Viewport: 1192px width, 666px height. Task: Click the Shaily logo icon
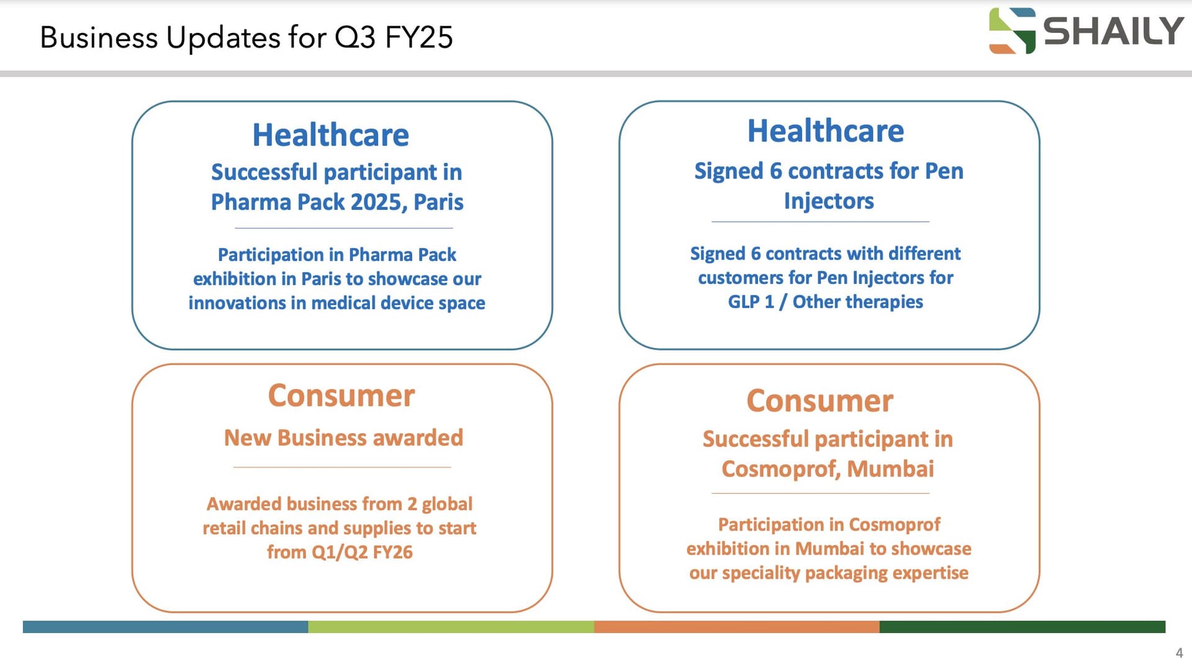(1012, 30)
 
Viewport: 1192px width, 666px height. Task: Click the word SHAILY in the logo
(1113, 31)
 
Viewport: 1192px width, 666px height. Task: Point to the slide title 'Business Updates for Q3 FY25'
(246, 37)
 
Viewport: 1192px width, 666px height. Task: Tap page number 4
(1179, 653)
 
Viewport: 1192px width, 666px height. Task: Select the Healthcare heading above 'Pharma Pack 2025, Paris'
(330, 135)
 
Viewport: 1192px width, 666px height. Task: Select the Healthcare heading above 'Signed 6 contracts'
(826, 130)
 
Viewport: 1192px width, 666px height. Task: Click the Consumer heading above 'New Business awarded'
(341, 395)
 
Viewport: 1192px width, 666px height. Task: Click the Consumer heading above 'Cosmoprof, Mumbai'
(819, 401)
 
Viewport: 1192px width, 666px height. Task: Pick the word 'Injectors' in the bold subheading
(829, 201)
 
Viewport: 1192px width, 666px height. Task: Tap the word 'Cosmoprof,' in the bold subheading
(781, 469)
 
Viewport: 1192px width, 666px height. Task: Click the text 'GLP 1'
(751, 302)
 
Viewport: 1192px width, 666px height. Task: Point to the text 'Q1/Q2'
(340, 552)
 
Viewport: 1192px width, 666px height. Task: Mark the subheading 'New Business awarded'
(343, 438)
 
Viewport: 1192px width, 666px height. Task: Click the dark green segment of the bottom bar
(1022, 627)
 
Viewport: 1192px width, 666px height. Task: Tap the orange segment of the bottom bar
(736, 627)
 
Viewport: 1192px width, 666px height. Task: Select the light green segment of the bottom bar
(451, 627)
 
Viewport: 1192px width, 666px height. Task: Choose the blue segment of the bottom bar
(166, 627)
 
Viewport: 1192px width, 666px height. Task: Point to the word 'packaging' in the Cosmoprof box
(846, 573)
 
